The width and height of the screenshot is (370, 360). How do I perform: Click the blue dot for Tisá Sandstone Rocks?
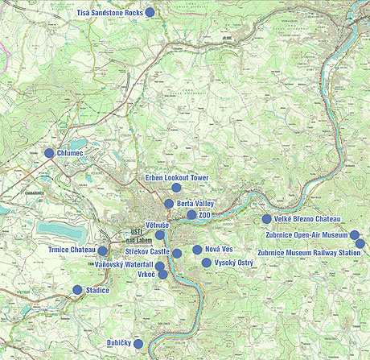150,13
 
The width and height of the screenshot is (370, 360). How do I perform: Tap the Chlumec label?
70,152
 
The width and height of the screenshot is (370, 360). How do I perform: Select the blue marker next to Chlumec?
49,152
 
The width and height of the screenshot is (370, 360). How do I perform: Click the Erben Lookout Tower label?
177,176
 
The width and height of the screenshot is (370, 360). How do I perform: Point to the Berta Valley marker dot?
169,204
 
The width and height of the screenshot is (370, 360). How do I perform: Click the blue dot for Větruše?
160,234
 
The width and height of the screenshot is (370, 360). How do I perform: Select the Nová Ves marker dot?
197,250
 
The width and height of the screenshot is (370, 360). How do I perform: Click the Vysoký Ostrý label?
233,263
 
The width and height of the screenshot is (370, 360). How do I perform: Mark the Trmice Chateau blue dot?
103,251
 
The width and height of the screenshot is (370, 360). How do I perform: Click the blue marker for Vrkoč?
163,275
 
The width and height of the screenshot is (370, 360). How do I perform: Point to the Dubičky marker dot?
138,344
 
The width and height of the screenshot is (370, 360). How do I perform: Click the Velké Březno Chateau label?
307,219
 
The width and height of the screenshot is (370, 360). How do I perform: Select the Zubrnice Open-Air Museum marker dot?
354,234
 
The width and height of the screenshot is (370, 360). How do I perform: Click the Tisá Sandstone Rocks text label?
109,14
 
